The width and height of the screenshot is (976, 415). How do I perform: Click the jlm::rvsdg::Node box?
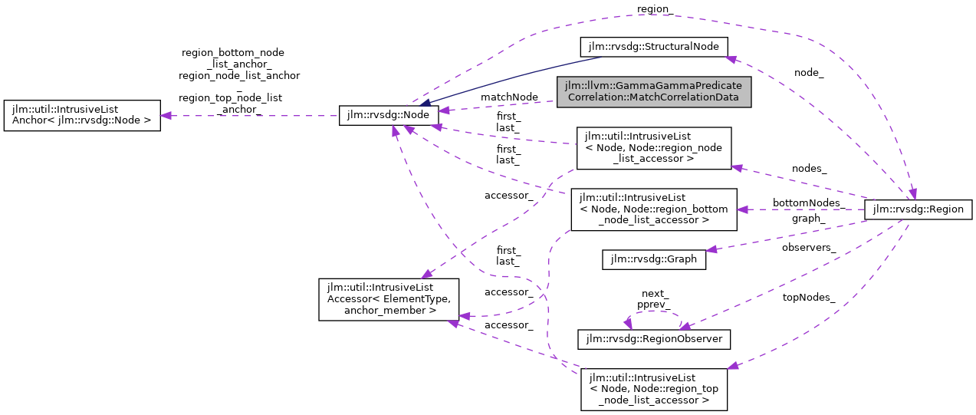tap(389, 116)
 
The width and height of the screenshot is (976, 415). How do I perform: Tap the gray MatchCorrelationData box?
tap(654, 91)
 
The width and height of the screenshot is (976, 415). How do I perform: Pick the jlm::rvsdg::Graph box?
tap(654, 259)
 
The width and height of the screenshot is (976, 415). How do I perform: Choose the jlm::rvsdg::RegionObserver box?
tap(654, 338)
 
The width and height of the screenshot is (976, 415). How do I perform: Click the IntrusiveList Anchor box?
tap(82, 115)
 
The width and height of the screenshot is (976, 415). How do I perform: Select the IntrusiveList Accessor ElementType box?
tap(389, 299)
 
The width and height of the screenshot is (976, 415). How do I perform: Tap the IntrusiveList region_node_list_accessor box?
tap(654, 148)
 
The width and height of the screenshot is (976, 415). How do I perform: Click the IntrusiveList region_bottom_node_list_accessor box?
tap(658, 209)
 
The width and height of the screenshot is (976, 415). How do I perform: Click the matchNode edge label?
tap(509, 97)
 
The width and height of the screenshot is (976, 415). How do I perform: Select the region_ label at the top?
tap(654, 9)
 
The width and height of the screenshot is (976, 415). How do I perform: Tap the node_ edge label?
tap(809, 72)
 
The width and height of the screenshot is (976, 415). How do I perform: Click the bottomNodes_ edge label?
tap(808, 203)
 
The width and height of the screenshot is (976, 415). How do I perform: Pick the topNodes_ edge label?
tap(809, 297)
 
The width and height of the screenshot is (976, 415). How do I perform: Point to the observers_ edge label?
tap(809, 248)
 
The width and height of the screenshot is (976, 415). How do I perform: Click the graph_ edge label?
tap(808, 218)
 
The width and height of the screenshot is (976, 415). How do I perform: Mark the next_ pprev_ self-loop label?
tap(656, 298)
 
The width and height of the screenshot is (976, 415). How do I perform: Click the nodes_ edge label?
tap(809, 167)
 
